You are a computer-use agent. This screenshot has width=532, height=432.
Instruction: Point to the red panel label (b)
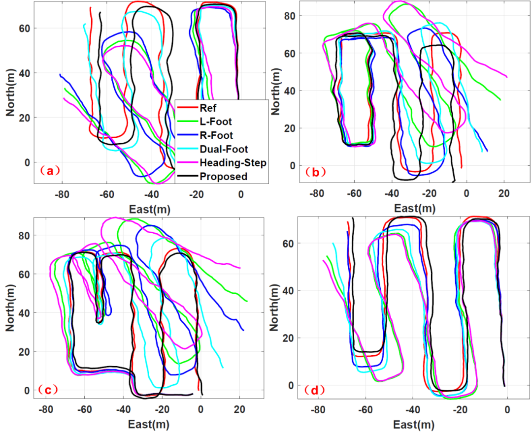click(x=313, y=172)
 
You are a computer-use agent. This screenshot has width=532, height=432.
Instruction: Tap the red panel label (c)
click(x=48, y=390)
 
